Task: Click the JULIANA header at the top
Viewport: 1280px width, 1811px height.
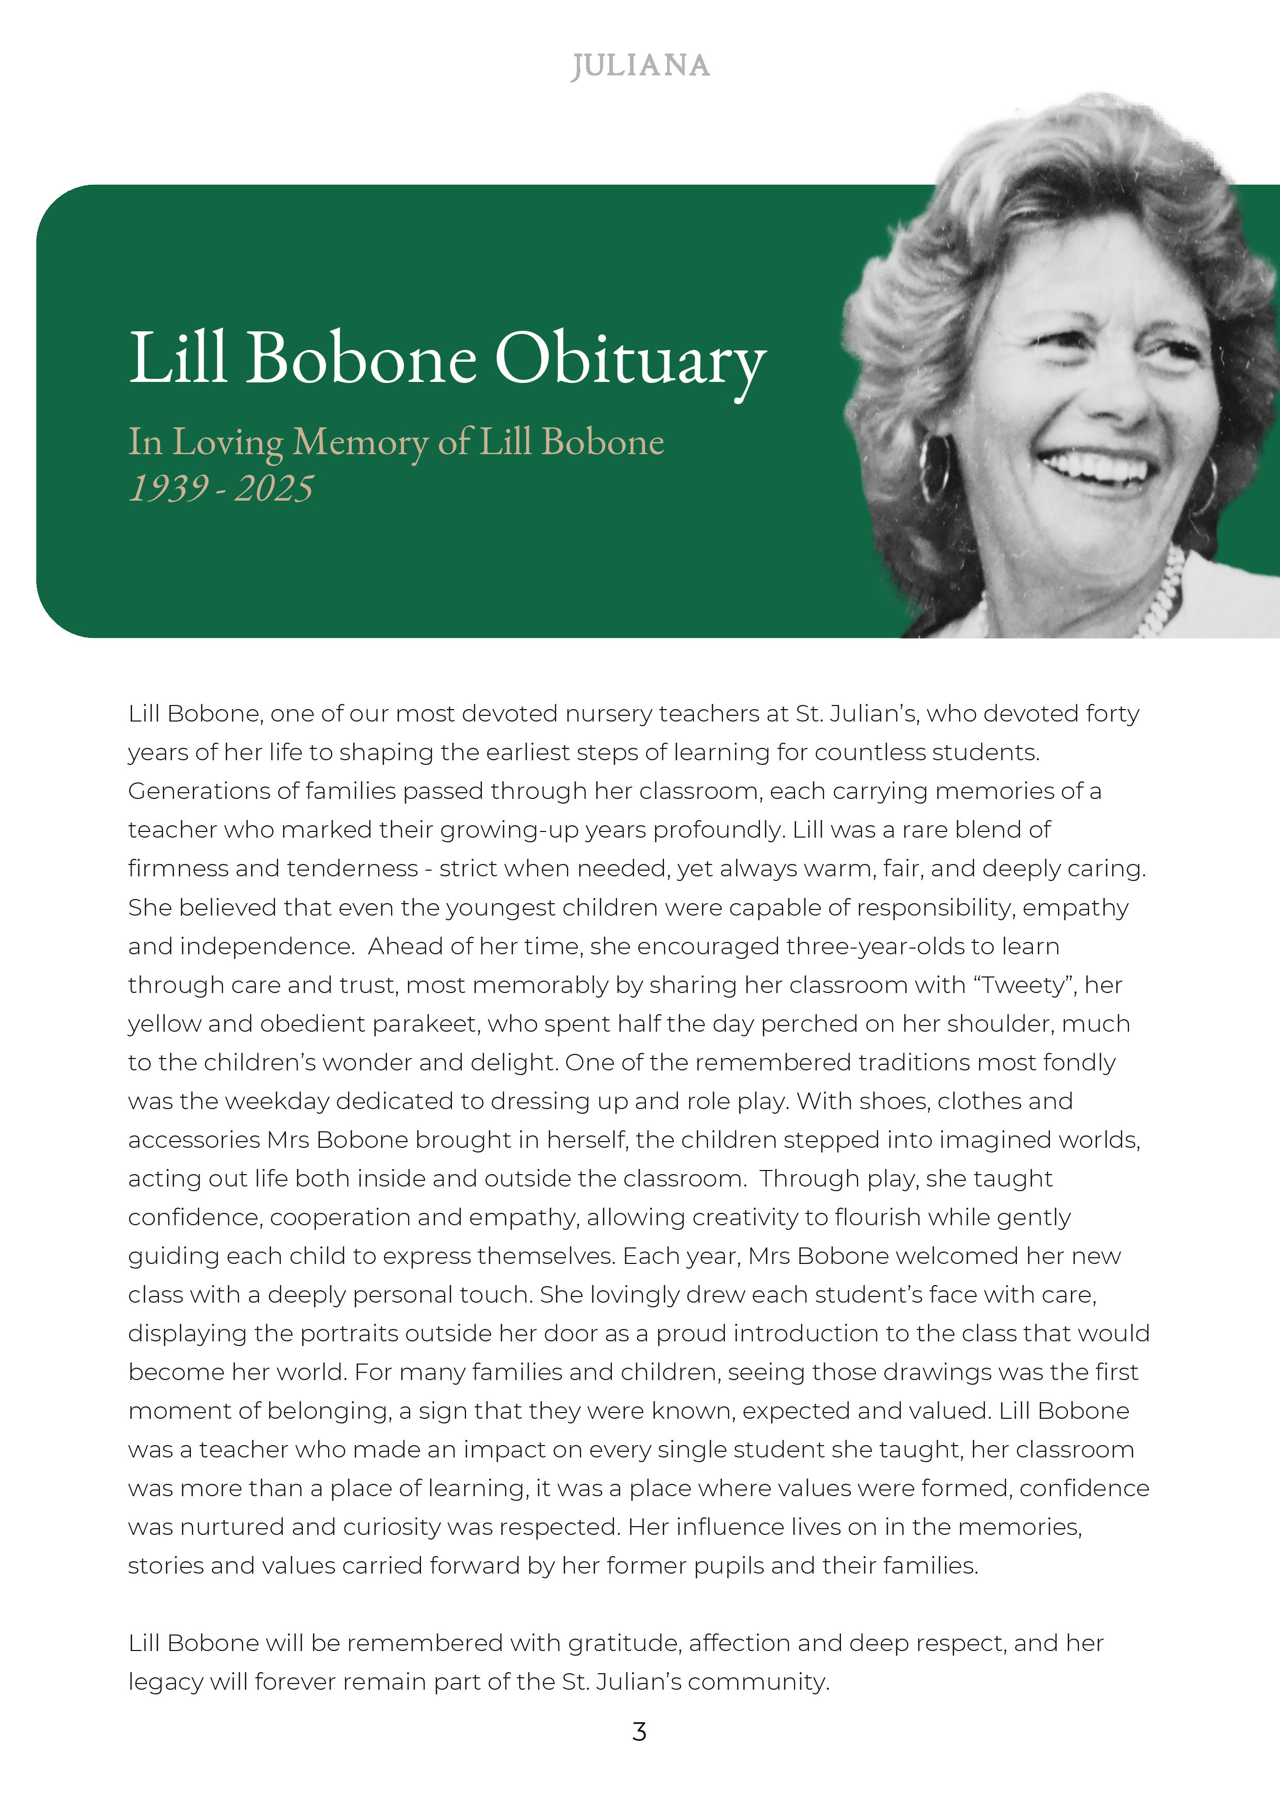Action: (x=640, y=66)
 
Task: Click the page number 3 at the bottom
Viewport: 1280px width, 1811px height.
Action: (x=640, y=1732)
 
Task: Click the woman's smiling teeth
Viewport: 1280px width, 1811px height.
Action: (x=1096, y=468)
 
